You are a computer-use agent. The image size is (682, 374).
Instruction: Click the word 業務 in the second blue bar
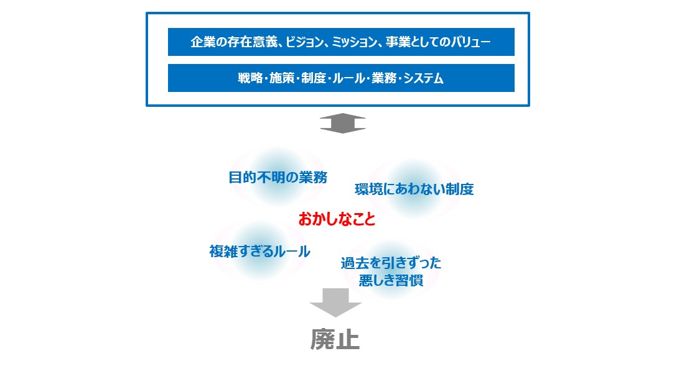pyautogui.click(x=383, y=78)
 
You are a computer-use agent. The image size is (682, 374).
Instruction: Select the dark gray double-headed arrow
pyautogui.click(x=342, y=124)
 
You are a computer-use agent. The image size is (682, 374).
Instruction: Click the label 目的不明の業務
pyautogui.click(x=278, y=177)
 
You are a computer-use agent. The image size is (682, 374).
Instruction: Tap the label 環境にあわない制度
pyautogui.click(x=414, y=189)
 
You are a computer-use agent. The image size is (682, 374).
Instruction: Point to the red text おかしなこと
pyautogui.click(x=337, y=219)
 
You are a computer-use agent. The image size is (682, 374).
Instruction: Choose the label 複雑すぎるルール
pyautogui.click(x=259, y=252)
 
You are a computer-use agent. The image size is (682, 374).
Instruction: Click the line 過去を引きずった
pyautogui.click(x=391, y=263)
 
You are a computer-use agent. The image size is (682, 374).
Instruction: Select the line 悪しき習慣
pyautogui.click(x=391, y=280)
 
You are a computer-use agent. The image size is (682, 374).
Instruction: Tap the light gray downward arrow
pyautogui.click(x=335, y=303)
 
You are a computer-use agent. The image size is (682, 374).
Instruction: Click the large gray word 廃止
pyautogui.click(x=335, y=339)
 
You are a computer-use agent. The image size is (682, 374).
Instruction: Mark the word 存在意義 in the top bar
pyautogui.click(x=253, y=42)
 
